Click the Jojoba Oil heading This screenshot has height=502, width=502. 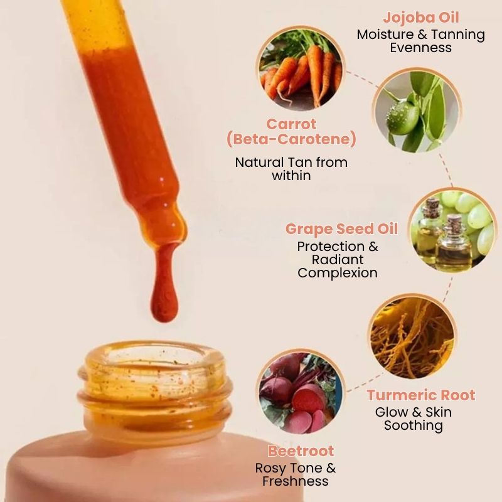[421, 17]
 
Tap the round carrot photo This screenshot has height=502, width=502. [301, 68]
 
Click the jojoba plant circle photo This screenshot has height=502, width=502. [414, 111]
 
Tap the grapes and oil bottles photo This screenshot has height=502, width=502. [451, 230]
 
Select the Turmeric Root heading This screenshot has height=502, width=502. [421, 395]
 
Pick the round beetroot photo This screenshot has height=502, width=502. [301, 392]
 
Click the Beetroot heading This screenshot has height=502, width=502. [301, 451]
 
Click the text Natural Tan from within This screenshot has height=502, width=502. [291, 169]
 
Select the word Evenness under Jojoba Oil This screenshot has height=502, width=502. [421, 48]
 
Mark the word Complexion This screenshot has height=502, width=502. [338, 273]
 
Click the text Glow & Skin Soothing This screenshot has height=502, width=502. [414, 419]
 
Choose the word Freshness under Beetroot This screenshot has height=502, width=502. [295, 481]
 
